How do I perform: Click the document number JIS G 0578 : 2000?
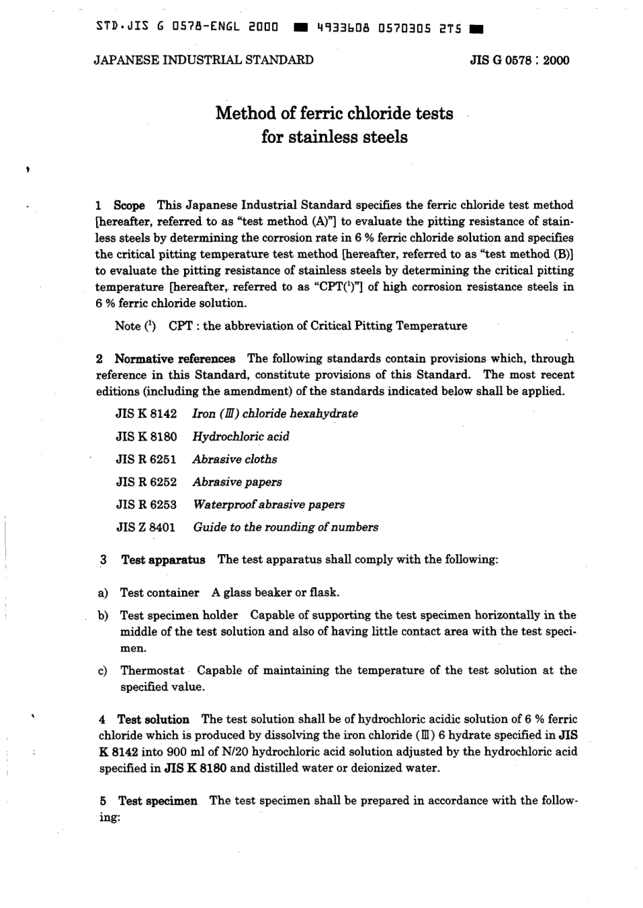coord(519,60)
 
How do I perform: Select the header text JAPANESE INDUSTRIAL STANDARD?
coord(204,60)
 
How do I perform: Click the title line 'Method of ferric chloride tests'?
coord(334,113)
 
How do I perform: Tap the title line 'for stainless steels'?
coord(334,137)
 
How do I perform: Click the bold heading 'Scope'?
coord(129,205)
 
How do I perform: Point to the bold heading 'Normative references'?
coord(175,359)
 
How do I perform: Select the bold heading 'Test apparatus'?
coord(162,560)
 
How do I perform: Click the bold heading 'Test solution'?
coord(153,719)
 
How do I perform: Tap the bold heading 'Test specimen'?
coord(158,800)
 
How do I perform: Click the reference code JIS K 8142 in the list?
coord(146,413)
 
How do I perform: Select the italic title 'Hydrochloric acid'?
coord(240,436)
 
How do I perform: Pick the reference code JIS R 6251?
coord(146,459)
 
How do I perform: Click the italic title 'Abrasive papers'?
coord(237,482)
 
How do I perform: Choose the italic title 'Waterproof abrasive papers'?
coord(269,505)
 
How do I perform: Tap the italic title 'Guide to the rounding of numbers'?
coord(286,527)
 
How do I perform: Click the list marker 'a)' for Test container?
coord(104,593)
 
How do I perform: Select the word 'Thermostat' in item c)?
coord(152,671)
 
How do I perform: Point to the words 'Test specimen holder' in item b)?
coord(179,615)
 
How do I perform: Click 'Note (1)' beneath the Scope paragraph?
coord(135,326)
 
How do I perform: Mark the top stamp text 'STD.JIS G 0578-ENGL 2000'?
coord(187,28)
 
